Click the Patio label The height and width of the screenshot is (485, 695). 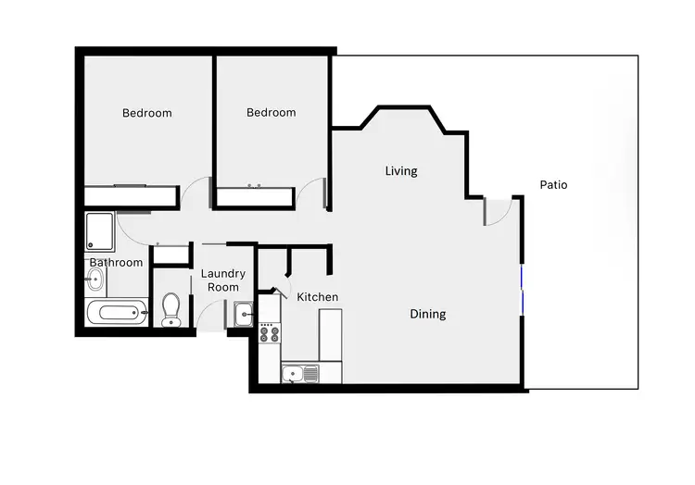(553, 185)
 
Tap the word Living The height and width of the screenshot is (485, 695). (401, 171)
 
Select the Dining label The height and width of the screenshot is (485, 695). (428, 315)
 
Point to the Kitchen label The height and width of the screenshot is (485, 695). (317, 297)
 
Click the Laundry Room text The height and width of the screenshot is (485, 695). (222, 280)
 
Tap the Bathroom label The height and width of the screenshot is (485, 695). (116, 263)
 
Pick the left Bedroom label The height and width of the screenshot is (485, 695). (147, 113)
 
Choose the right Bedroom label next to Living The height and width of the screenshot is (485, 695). (271, 113)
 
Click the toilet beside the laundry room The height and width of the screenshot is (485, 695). (171, 309)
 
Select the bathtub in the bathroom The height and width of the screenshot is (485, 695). (116, 312)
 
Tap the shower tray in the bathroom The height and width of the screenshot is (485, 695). (99, 231)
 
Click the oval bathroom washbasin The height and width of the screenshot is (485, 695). (95, 280)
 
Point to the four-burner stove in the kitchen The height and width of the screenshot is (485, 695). (270, 332)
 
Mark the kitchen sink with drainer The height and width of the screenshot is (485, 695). (300, 374)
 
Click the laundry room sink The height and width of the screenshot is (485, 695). (245, 315)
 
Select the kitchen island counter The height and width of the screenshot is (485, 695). (330, 334)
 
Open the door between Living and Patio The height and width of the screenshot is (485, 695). (498, 212)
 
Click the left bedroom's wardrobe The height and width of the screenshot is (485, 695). (131, 196)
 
